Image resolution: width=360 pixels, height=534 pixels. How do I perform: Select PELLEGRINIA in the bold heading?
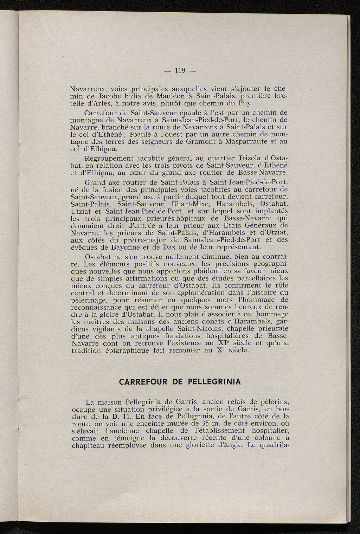click(210, 382)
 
